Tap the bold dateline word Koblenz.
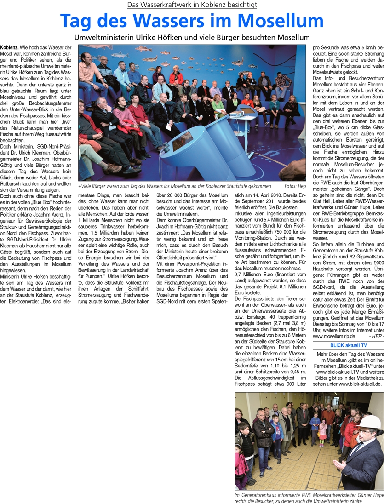pos(9,47)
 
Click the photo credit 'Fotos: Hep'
pos(295,187)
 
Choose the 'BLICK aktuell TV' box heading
pos(348,345)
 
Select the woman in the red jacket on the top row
pos(176,76)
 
